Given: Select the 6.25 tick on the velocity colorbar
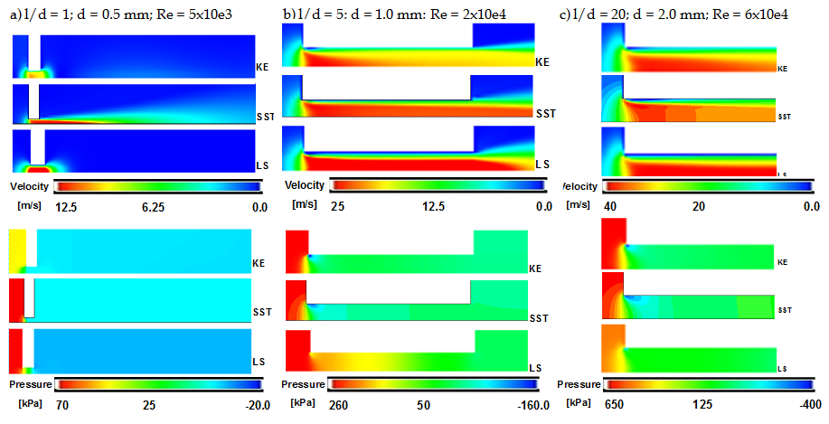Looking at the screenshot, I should (153, 206).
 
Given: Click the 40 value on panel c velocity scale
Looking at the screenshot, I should (613, 206).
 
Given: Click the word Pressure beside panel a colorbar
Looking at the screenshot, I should (29, 384).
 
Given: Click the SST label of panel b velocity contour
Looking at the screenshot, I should (545, 113).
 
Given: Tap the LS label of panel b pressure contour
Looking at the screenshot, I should (535, 368).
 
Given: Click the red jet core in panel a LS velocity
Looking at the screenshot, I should (37, 169).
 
